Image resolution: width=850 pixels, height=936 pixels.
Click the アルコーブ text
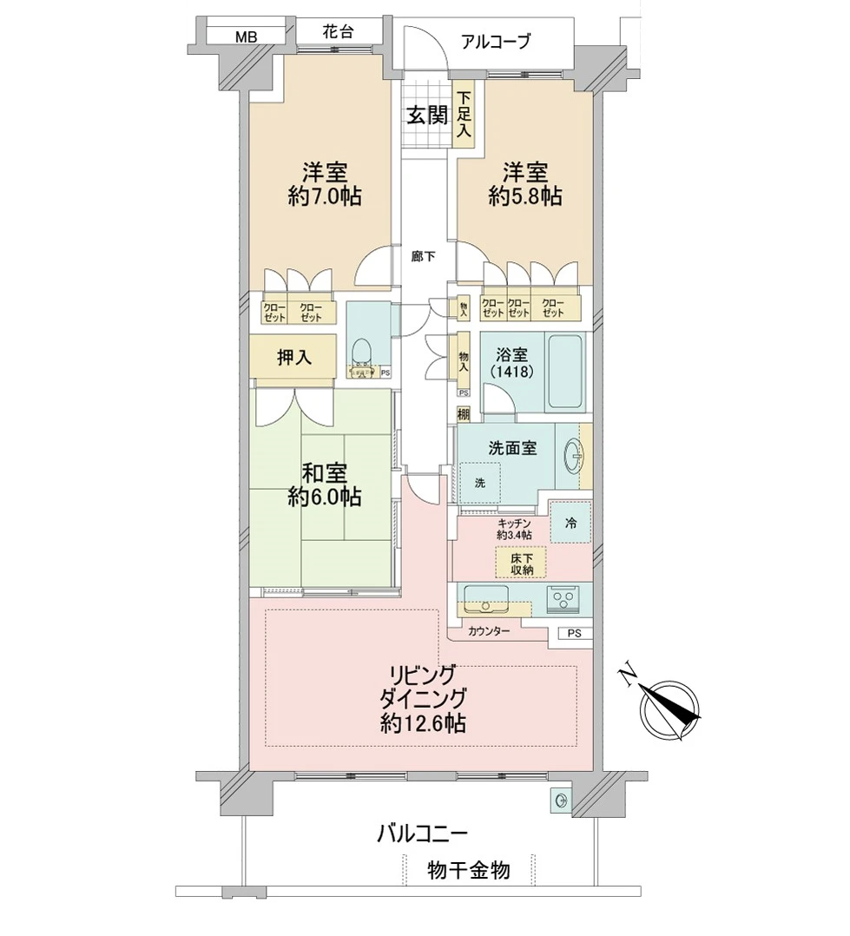pos(495,41)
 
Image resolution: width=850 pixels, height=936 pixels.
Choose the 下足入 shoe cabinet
pos(465,115)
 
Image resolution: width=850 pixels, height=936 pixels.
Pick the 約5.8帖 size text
pos(524,197)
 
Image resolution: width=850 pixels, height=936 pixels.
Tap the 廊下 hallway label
pos(424,256)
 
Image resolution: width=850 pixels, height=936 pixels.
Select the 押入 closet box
pos(293,357)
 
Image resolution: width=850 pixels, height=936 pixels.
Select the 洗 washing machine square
pos(480,482)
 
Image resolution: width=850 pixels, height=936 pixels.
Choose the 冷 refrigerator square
pos(570,523)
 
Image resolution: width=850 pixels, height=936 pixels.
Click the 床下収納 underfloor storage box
pos(521,564)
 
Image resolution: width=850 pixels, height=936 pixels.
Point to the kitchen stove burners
pos(563,599)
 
